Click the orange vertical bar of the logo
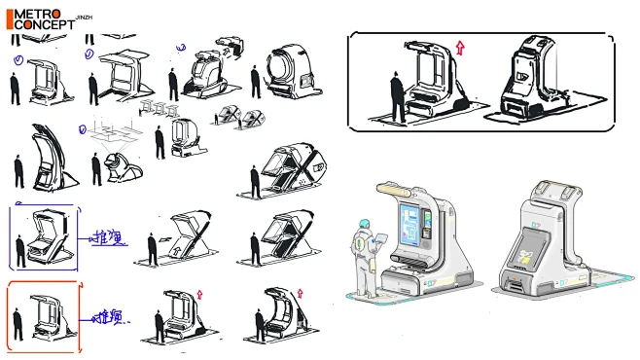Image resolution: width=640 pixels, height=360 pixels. (10, 19)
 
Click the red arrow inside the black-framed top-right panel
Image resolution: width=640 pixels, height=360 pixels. (461, 48)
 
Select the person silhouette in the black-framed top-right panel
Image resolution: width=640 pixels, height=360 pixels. (398, 95)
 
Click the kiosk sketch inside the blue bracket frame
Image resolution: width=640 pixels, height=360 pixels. (45, 237)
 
